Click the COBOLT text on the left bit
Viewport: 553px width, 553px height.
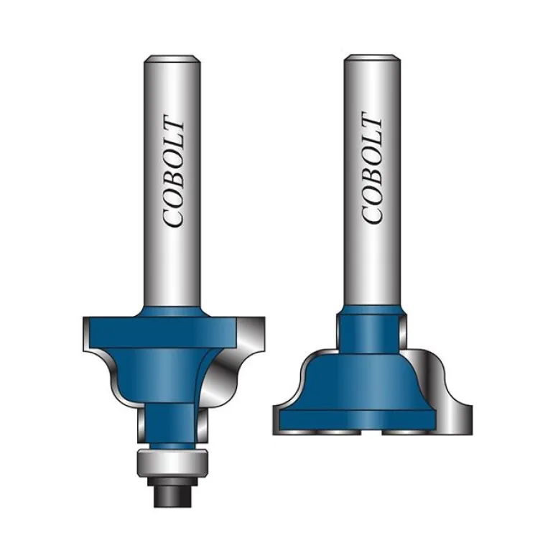point(173,171)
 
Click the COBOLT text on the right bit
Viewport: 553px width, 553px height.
point(372,168)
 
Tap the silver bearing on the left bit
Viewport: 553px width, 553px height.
point(172,463)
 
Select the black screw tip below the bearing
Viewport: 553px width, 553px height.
point(172,496)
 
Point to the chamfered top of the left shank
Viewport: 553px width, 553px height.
point(172,59)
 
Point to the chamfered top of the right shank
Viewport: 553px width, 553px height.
point(372,58)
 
